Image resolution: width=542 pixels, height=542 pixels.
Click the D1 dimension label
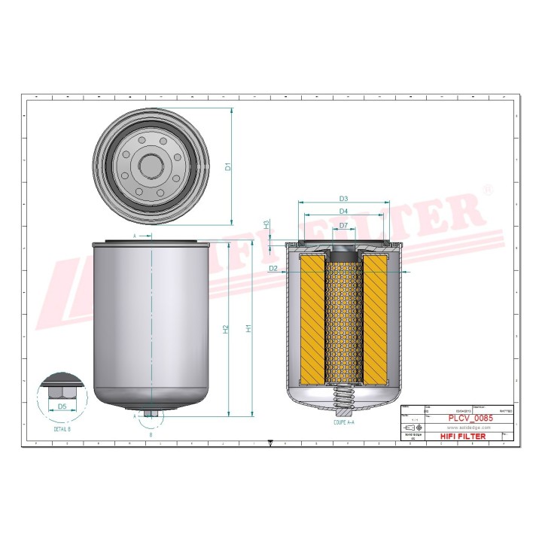228,166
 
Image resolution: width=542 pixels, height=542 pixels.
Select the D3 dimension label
343,199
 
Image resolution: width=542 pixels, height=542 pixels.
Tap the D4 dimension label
343,212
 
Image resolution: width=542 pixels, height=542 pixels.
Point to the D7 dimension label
343,225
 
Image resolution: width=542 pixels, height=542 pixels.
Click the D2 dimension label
274,268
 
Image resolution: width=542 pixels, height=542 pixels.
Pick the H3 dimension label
266,224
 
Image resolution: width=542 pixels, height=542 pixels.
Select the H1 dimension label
249,328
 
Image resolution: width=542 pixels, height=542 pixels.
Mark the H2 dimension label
226,328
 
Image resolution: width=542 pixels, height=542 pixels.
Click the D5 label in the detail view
62,406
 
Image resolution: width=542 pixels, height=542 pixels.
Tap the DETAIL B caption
62,428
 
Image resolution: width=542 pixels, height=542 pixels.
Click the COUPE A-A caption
343,424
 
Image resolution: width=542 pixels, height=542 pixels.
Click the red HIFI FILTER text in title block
462,436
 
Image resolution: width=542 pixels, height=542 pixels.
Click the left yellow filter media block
312,316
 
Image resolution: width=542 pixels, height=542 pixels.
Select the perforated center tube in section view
343,316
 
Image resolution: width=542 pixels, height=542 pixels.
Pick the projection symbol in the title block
410,427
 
